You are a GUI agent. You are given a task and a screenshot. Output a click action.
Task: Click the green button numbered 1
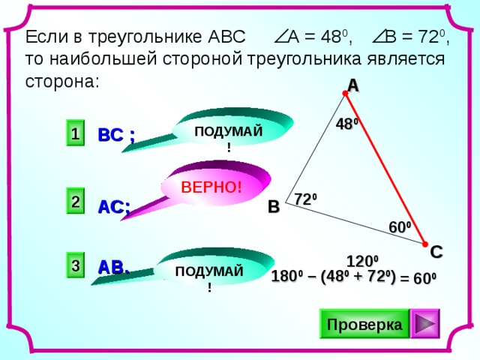(75, 133)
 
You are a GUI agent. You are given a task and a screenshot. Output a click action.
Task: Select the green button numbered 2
(75, 200)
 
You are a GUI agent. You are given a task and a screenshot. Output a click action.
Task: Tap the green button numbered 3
(75, 265)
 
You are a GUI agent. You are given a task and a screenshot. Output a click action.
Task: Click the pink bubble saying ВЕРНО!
(211, 186)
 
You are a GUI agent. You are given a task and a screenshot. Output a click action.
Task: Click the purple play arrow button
(425, 323)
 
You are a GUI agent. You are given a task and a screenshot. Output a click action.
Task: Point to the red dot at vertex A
(345, 93)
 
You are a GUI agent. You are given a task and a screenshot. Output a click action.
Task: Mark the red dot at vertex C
(425, 244)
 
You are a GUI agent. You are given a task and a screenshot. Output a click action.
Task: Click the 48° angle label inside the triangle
(346, 124)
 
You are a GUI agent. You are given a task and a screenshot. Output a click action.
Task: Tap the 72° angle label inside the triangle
(305, 199)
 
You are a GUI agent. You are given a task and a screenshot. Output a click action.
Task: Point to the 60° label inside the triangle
(400, 227)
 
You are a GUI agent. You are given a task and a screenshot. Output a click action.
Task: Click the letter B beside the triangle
(274, 206)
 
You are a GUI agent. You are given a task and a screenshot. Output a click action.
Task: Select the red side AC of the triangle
(385, 169)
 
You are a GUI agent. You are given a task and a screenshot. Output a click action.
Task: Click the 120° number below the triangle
(362, 262)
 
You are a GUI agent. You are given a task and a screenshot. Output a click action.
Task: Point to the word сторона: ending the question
(62, 82)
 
